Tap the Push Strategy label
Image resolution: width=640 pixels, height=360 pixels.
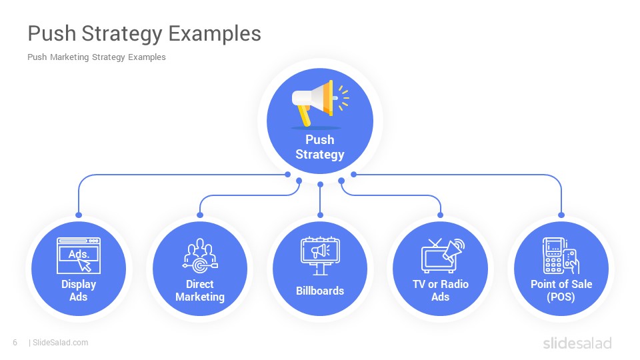(320, 147)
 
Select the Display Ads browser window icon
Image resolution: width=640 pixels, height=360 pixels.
(79, 255)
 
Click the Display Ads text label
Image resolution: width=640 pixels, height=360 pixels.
(79, 290)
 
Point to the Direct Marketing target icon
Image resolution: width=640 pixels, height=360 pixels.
(200, 255)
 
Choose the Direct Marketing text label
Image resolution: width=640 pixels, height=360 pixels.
(200, 290)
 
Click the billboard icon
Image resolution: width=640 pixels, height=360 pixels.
(320, 255)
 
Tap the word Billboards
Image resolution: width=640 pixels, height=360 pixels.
(320, 291)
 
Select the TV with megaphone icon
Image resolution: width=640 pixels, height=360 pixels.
(443, 255)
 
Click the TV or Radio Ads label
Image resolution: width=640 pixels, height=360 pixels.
(441, 290)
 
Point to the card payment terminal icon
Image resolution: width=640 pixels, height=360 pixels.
(561, 255)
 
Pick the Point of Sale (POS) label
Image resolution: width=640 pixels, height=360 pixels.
(561, 290)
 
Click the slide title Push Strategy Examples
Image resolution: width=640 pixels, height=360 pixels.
(145, 33)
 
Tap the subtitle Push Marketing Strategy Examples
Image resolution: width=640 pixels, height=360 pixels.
(96, 57)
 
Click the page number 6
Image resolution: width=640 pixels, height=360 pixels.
(15, 343)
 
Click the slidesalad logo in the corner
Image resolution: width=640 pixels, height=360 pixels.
(577, 343)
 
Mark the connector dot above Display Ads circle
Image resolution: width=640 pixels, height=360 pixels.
(79, 215)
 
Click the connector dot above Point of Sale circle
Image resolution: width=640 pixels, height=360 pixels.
(561, 215)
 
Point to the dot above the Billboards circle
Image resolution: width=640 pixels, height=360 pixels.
(320, 215)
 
